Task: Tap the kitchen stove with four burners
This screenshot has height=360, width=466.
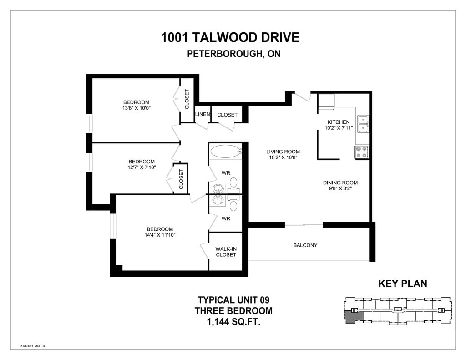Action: coord(361,152)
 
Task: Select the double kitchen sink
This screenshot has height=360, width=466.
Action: coord(363,124)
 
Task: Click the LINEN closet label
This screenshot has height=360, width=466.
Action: coord(203,114)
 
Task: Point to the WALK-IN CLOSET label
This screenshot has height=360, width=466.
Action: coord(226,252)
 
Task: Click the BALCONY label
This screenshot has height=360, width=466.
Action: coord(305,245)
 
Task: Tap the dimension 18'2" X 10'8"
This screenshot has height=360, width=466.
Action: coord(283,157)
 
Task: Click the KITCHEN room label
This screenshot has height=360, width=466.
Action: coord(339,122)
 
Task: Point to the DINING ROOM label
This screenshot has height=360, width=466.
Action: coord(340,183)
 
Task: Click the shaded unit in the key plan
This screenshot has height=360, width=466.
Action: coord(354,316)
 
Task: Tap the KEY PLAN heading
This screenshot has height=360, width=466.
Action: coord(403,284)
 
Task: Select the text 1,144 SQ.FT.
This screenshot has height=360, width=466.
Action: coord(233,322)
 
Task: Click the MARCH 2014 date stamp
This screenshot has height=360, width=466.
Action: coord(32,346)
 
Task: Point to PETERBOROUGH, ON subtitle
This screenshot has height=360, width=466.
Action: coord(233,54)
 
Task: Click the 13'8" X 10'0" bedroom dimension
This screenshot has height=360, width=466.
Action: coord(137,108)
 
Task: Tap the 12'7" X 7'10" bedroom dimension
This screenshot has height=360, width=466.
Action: coord(142,167)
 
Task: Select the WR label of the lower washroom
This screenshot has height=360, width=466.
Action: coord(226,218)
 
